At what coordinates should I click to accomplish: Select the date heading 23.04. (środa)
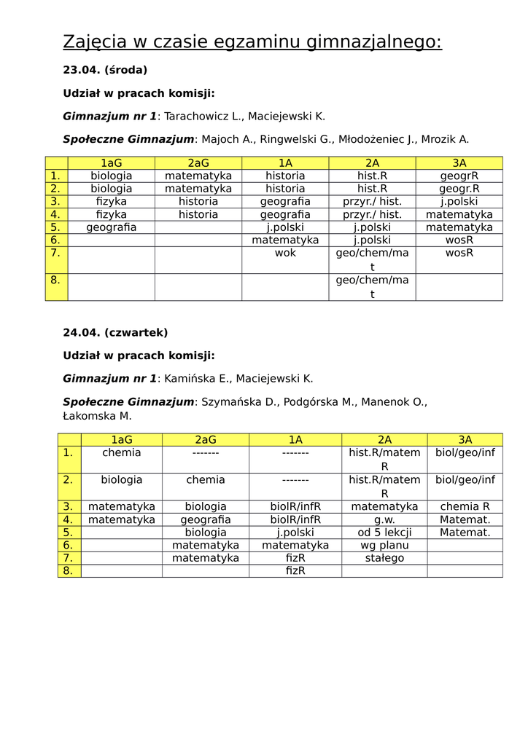point(105,70)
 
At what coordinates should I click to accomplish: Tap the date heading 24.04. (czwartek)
point(115,333)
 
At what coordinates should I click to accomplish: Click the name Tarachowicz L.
point(203,117)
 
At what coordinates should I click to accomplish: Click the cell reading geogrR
point(459,176)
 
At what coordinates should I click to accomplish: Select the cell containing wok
point(285,254)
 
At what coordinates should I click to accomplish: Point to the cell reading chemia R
point(465,506)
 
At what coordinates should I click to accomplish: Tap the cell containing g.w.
point(384,519)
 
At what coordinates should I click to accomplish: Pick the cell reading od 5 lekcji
point(384,533)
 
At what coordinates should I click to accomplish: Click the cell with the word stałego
point(384,558)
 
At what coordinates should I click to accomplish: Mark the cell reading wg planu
point(384,545)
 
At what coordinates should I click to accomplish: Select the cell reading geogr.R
point(459,189)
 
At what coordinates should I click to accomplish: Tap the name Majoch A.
point(228,139)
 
